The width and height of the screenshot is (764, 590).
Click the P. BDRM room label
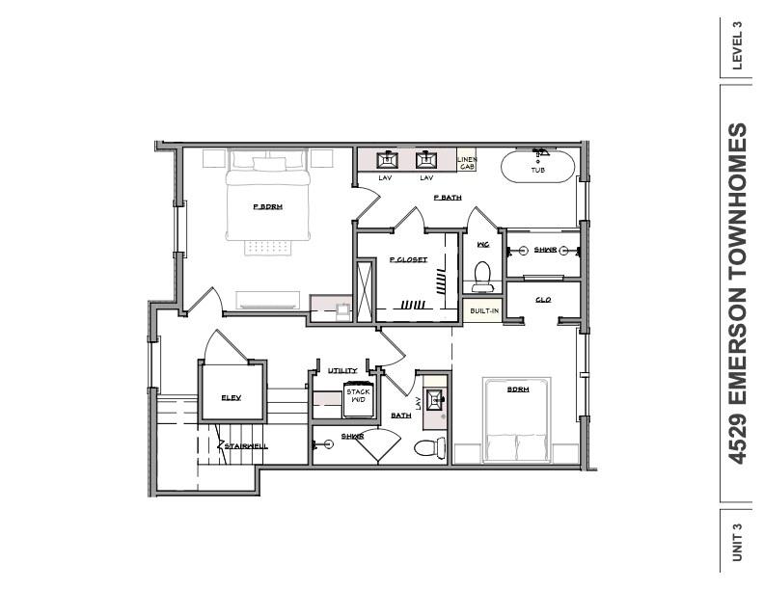point(267,206)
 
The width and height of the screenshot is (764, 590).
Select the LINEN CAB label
point(467,163)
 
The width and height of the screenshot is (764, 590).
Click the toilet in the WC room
point(483,276)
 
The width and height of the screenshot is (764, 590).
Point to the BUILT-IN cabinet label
point(483,310)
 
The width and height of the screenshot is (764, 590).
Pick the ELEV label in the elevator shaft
point(231,397)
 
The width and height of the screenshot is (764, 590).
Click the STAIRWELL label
point(246,446)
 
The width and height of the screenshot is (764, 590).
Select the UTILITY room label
point(342,370)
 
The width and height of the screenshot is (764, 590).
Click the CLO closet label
point(543,300)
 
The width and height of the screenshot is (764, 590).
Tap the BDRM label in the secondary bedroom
point(519,389)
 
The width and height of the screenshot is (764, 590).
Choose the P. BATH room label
point(448,198)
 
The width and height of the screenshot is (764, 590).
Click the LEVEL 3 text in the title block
point(738,45)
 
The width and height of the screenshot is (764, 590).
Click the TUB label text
point(537,171)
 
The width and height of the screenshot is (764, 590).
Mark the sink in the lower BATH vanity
point(433,398)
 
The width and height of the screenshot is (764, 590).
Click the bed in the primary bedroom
point(268,198)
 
